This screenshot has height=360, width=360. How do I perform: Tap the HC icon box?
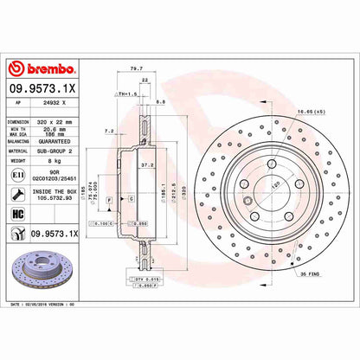(17, 214)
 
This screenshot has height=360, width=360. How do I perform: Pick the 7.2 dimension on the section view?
(109, 130)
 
